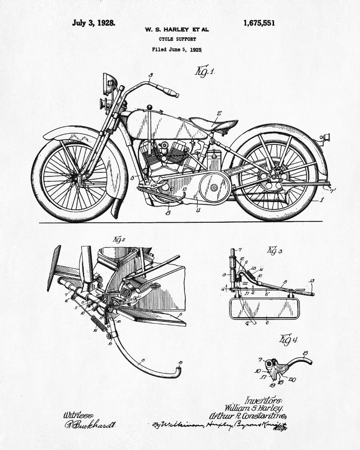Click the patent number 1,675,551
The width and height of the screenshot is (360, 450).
coord(258,23)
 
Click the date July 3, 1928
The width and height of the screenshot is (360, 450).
coord(93,22)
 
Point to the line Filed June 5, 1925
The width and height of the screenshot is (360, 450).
coord(177,49)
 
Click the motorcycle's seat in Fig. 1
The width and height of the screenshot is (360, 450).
coord(213,122)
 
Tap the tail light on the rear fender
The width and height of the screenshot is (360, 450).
coord(325,136)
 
